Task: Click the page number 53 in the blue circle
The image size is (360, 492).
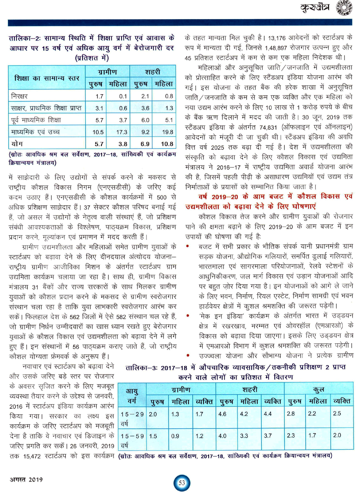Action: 182,483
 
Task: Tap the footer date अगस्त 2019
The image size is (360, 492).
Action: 26,479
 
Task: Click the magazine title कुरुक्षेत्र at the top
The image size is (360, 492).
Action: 315,7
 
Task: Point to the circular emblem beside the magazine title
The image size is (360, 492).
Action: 344,8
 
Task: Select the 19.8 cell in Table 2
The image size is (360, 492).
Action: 167,132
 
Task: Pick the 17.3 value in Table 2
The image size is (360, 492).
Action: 122,132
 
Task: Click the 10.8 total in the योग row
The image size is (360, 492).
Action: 167,144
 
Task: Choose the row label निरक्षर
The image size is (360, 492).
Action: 19,96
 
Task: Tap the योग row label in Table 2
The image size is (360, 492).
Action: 17,144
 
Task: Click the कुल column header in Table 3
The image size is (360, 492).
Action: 319,389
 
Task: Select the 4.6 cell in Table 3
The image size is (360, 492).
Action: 222,414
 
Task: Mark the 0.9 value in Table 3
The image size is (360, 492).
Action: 175,436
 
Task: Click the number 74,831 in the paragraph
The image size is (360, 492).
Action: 268,127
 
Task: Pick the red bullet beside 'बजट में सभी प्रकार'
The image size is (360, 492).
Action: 188,246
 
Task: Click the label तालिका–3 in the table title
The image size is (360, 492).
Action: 141,367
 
